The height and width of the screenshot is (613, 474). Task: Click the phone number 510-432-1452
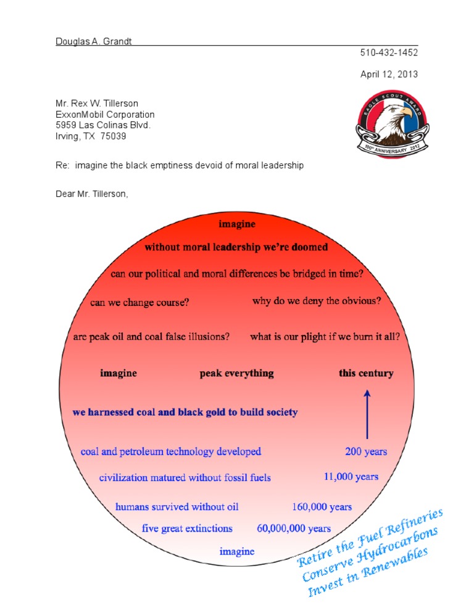click(x=389, y=53)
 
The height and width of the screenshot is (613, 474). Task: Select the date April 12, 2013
click(x=389, y=74)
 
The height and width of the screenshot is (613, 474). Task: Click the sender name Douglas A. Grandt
click(x=94, y=41)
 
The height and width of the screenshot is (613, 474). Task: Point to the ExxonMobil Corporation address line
click(x=105, y=115)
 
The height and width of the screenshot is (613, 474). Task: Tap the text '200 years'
click(x=366, y=451)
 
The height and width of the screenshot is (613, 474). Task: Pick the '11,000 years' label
click(x=351, y=477)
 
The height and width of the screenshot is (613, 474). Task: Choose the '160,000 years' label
click(x=322, y=507)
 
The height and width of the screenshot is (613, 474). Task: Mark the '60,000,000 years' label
click(x=294, y=529)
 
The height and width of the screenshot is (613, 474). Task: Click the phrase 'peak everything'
click(x=236, y=373)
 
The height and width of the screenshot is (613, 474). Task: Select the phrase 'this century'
click(x=366, y=373)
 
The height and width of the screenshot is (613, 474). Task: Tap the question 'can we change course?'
click(x=139, y=303)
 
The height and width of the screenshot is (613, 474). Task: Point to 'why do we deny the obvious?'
click(x=317, y=302)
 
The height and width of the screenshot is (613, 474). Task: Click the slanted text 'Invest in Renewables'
click(x=368, y=574)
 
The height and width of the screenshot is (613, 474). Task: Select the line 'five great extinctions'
click(x=187, y=529)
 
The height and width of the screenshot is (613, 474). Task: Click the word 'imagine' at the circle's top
click(x=236, y=224)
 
